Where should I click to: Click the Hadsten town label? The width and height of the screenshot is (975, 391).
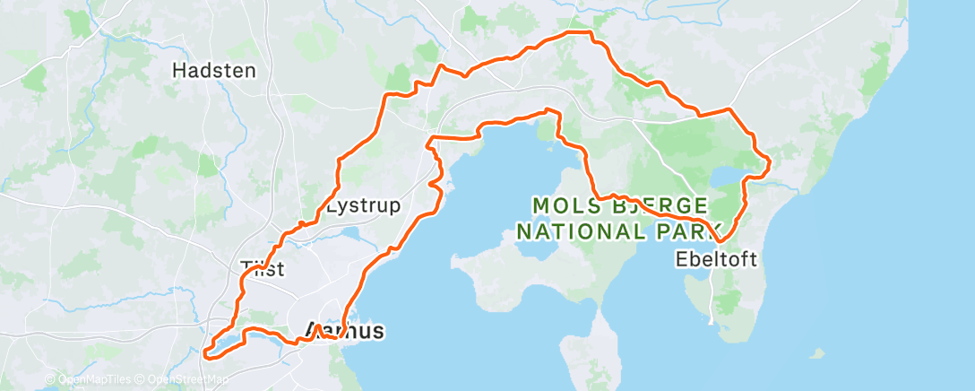pyautogui.click(x=213, y=70)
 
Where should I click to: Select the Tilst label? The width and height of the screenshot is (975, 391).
pyautogui.click(x=262, y=266)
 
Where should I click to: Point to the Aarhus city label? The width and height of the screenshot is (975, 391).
pyautogui.click(x=345, y=331)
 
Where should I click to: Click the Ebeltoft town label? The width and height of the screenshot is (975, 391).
pyautogui.click(x=717, y=260)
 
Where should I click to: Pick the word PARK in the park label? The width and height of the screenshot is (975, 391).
pyautogui.click(x=685, y=230)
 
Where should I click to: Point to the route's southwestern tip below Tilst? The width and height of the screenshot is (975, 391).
pyautogui.click(x=206, y=352)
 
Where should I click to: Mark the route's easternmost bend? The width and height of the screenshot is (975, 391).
pyautogui.click(x=770, y=161)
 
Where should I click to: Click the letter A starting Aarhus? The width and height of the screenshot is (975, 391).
pyautogui.click(x=315, y=331)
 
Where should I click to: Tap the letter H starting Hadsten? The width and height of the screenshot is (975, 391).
pyautogui.click(x=177, y=70)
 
